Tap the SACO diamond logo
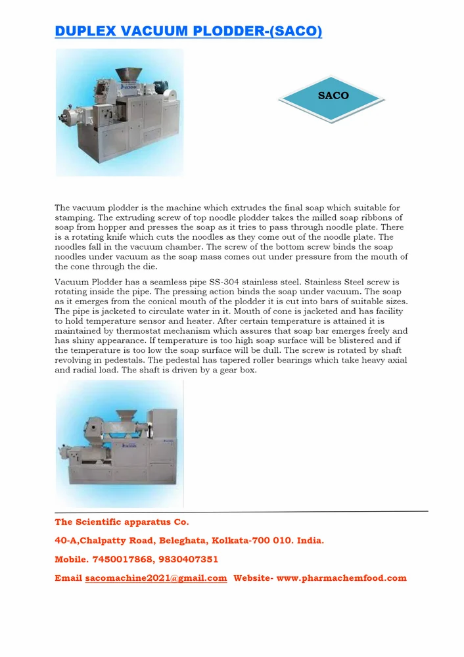[333, 96]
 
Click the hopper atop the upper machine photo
[128, 74]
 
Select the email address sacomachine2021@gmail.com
[156, 578]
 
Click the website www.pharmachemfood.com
[342, 578]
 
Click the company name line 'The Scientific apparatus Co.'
[122, 522]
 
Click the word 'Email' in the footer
[68, 578]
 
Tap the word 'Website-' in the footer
[254, 578]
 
